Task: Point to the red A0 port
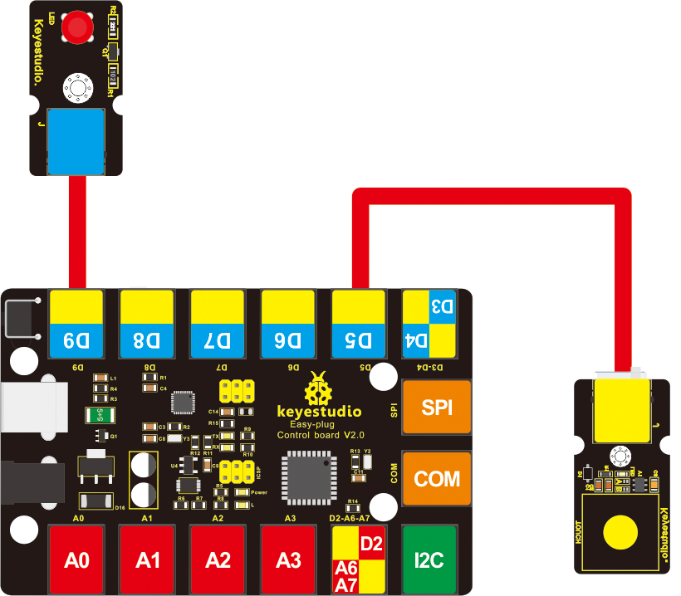pos(76,559)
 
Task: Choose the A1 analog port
pos(147,559)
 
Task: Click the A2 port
pos(218,559)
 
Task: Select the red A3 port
pos(288,559)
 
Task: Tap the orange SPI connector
pos(437,408)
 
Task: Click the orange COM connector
pos(437,479)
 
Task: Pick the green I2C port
pos(429,559)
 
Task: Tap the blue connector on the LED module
pos(76,140)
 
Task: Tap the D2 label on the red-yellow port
pos(371,545)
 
